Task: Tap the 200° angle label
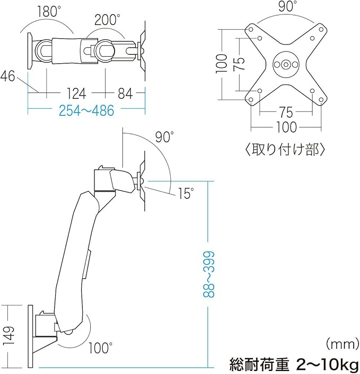[x=107, y=20]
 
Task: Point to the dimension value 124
[x=77, y=94]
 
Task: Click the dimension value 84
[x=125, y=94]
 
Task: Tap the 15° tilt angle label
[x=186, y=194]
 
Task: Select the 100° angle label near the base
[x=101, y=348]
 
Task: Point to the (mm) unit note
[x=341, y=343]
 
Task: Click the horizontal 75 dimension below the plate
[x=286, y=112]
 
